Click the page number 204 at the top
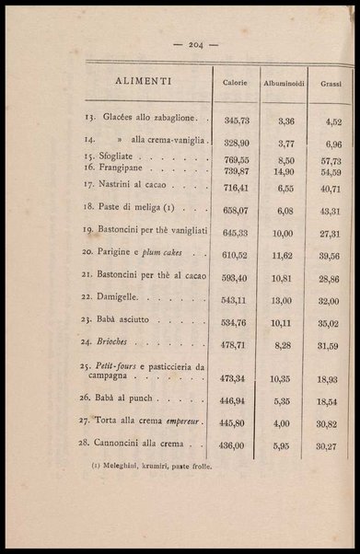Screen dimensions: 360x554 [x=195, y=43]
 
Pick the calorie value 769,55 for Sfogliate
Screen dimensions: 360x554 [x=236, y=160]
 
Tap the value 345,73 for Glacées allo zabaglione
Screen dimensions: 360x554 [x=236, y=121]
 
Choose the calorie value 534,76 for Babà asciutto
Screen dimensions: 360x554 [x=236, y=323]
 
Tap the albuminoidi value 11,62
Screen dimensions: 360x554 [x=281, y=254]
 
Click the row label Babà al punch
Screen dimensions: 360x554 [x=129, y=398]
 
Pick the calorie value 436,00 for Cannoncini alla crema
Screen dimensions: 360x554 [x=236, y=445]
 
